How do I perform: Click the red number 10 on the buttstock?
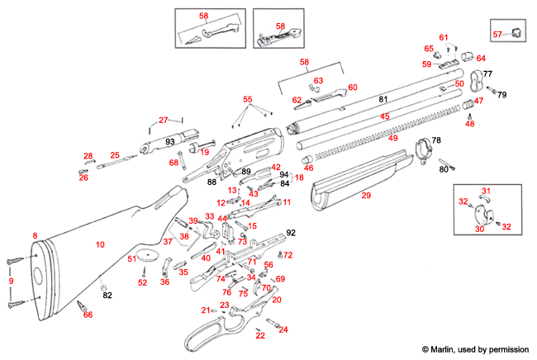point(100,244)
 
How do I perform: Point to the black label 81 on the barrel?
point(383,99)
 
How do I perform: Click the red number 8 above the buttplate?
point(35,236)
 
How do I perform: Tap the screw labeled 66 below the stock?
point(83,307)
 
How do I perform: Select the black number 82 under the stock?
point(107,295)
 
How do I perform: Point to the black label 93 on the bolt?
point(169,142)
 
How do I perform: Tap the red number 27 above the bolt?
point(163,121)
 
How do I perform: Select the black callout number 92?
point(290,233)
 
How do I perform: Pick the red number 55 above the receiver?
point(247,99)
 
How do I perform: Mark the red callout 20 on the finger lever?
point(276,300)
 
